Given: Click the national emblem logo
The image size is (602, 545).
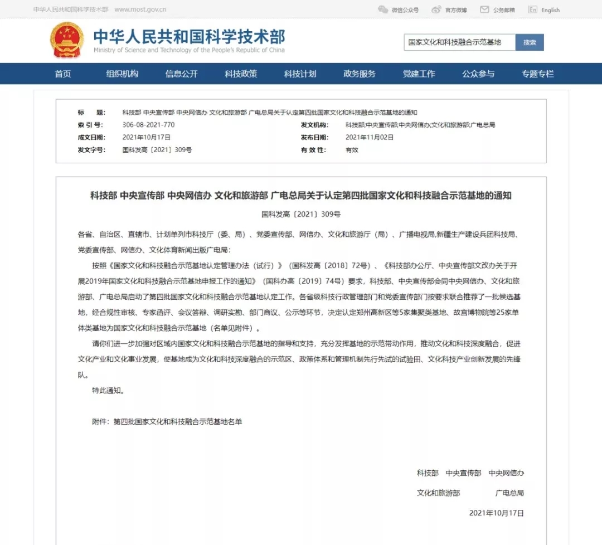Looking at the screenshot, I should point(67,40).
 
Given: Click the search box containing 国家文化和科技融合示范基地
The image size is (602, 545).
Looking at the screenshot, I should point(459,42).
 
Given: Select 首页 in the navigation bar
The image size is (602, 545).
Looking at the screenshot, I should point(63,74).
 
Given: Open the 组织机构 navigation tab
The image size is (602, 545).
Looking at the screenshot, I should point(122,74).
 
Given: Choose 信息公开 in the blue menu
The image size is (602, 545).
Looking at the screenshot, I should point(181,74).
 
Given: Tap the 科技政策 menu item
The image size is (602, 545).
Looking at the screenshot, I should point(241,74).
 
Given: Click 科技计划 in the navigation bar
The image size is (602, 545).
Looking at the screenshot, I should point(300,74).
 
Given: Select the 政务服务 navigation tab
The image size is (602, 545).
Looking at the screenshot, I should point(360,74).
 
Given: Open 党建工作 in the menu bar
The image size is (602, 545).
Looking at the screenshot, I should point(419,74).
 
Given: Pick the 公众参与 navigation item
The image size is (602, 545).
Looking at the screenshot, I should point(478,74).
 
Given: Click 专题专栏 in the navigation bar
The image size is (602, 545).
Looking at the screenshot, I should point(537,74).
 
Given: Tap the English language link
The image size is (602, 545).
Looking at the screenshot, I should point(550,10).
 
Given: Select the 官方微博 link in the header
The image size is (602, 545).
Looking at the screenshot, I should point(455,10).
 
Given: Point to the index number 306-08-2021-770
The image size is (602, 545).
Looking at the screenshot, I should point(148,125).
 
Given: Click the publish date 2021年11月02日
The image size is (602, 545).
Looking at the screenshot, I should point(370,137).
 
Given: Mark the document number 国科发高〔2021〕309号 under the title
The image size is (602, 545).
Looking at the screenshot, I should point(301,214).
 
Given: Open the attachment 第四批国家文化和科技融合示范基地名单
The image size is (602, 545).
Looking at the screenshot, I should point(178,422).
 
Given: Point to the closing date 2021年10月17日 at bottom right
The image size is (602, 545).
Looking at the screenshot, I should point(496,513).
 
